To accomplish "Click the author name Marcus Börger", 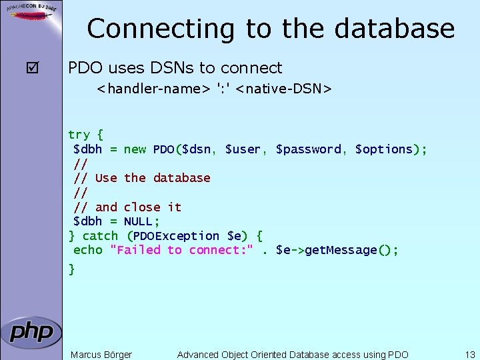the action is pos(101,355).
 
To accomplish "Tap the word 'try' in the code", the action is pos(79,135).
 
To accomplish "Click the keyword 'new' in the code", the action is pos(135,149).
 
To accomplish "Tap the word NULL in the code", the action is pos(138,221).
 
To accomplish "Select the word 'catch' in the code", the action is pos(100,236).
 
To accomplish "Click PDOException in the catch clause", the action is pos(177,236).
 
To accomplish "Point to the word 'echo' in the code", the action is pos(88,250).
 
